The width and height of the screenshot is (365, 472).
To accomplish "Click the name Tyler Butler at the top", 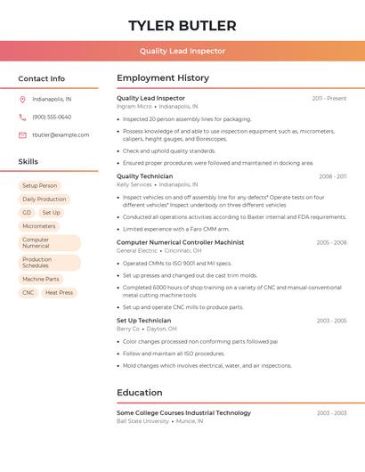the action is (x=182, y=25).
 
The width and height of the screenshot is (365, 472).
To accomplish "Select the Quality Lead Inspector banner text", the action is (x=182, y=51).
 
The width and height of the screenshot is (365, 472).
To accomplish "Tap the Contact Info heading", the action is (x=41, y=78).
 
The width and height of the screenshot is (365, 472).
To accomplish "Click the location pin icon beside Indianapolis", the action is (x=22, y=99).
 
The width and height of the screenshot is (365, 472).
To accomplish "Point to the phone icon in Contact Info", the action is (x=22, y=117).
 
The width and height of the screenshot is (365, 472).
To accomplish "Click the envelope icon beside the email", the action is (x=22, y=134).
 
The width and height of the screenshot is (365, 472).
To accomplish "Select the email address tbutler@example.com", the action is (x=61, y=134).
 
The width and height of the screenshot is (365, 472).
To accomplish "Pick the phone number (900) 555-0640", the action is (x=52, y=117).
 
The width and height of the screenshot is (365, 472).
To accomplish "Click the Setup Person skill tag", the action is (x=39, y=185).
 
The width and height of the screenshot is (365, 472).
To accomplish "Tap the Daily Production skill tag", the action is (x=45, y=199).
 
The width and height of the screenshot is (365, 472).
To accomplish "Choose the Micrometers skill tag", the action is (x=39, y=226).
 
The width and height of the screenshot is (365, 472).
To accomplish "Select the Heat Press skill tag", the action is (x=59, y=292).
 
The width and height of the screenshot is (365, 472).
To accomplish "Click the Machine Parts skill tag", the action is (x=41, y=279).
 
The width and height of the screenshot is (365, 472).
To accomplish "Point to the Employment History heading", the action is (x=163, y=77).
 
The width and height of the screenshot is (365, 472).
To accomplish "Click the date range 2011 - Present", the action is (x=328, y=98).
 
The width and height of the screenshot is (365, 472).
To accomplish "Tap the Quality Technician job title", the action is (x=144, y=176).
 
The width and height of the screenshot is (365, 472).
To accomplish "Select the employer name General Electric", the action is (x=136, y=251).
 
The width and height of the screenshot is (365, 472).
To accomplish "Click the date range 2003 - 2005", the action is (x=331, y=321).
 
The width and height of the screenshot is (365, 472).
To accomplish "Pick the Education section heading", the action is (x=139, y=392).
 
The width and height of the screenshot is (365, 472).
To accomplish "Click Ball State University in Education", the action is (x=142, y=420).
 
